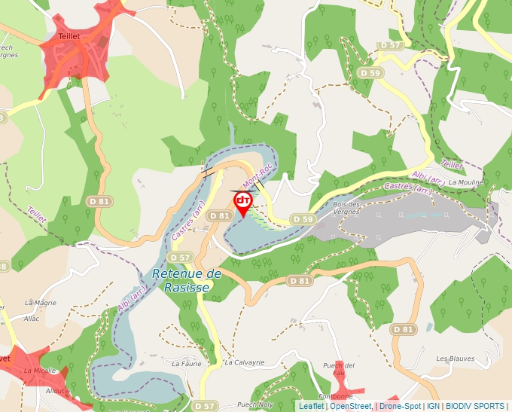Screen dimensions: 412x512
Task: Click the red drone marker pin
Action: point(243,202)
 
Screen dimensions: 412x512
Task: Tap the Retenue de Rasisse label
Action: point(187,281)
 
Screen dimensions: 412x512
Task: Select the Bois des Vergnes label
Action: point(346,209)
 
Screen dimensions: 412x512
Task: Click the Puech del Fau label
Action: point(333,369)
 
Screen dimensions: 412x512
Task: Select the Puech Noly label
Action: point(254,404)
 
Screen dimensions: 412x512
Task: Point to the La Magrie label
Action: point(40,303)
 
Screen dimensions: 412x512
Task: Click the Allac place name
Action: point(32,319)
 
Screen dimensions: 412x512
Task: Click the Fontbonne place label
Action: point(335,396)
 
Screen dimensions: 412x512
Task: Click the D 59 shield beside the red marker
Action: point(302,219)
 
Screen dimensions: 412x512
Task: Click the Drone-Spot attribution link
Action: point(400,406)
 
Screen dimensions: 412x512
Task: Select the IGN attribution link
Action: point(433,406)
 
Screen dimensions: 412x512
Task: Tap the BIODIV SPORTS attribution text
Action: point(475,406)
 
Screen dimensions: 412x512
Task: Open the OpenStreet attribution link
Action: point(350,406)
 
